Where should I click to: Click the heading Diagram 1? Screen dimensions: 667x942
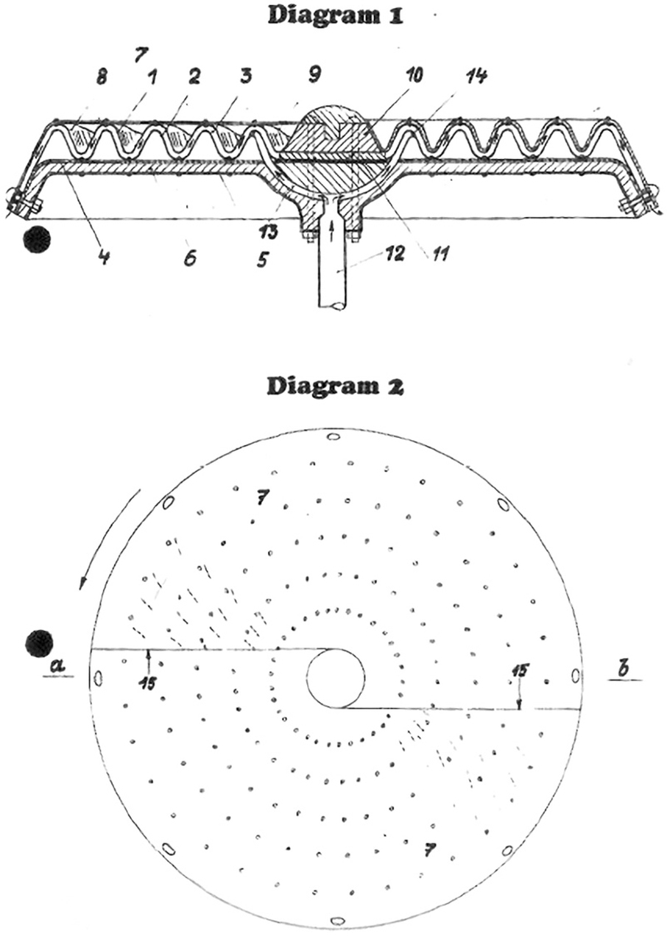coord(336,17)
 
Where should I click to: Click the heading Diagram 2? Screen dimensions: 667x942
coord(336,386)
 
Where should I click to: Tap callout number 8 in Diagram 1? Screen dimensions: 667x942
coord(102,78)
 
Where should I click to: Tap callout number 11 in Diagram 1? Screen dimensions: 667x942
coord(438,254)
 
